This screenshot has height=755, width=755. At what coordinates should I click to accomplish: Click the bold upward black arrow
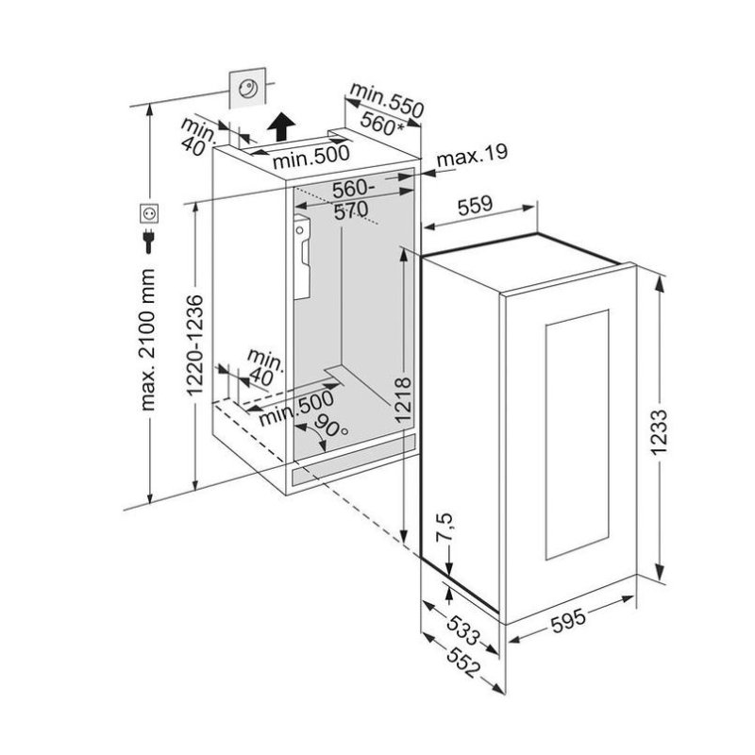[x=281, y=126]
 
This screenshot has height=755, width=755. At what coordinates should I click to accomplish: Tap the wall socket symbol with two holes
[x=149, y=213]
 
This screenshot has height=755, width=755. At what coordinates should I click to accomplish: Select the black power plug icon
[x=149, y=242]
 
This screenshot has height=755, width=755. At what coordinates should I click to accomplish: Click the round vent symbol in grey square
[x=247, y=88]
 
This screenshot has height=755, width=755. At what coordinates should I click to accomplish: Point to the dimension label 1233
[x=658, y=432]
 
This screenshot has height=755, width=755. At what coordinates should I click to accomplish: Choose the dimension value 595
[x=568, y=621]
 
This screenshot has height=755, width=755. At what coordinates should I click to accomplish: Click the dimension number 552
[x=463, y=663]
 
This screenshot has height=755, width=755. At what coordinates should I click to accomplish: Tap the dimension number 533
[x=463, y=629]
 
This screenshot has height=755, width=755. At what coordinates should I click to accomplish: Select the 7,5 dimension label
[x=445, y=527]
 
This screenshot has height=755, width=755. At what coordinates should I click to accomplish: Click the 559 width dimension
[x=475, y=206]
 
